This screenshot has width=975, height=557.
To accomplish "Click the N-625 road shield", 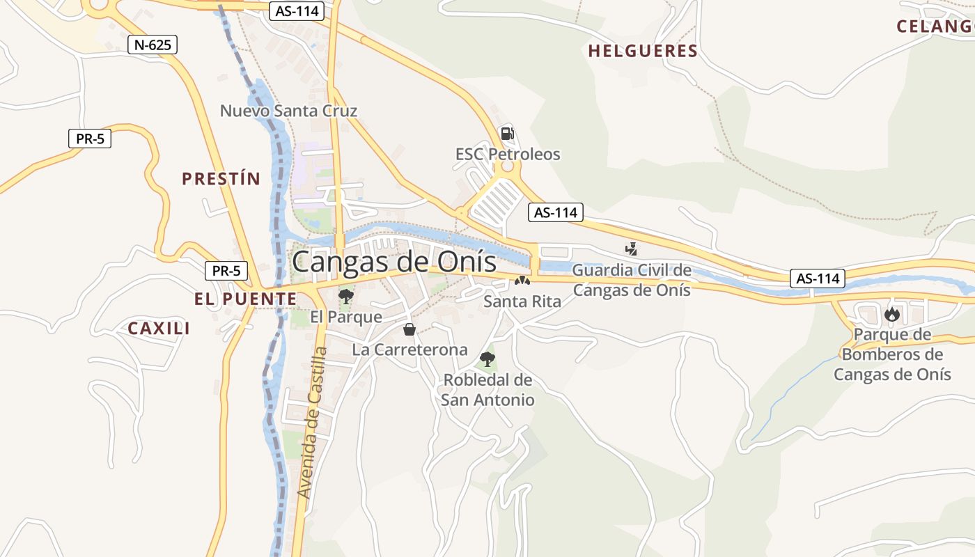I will [153, 45].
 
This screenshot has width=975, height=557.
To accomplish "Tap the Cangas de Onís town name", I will [394, 262].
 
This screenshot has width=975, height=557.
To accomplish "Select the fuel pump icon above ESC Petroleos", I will [508, 134].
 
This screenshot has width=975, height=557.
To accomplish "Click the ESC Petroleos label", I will [508, 154].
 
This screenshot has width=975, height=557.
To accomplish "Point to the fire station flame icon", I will [891, 315].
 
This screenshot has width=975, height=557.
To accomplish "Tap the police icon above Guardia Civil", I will [632, 249].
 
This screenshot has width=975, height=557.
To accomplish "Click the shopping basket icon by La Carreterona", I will [409, 329].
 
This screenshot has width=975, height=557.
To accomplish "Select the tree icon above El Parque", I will [345, 297].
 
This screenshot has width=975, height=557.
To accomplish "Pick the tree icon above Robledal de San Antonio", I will [487, 359].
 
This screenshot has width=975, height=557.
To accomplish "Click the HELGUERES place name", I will [642, 51].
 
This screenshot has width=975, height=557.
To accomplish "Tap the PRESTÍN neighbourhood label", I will [221, 179].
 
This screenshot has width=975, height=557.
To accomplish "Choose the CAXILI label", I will [159, 329].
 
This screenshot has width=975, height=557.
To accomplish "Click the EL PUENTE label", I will [245, 299].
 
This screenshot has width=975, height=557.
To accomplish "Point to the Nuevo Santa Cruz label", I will [288, 111].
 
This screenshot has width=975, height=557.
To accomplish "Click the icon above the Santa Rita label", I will [522, 281].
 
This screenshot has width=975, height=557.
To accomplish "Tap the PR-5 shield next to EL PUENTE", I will [226, 271].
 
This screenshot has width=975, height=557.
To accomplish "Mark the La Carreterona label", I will [409, 350].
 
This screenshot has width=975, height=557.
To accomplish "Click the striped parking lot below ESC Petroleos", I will [497, 199].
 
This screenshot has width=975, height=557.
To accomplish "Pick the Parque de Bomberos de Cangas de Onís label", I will [892, 354].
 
